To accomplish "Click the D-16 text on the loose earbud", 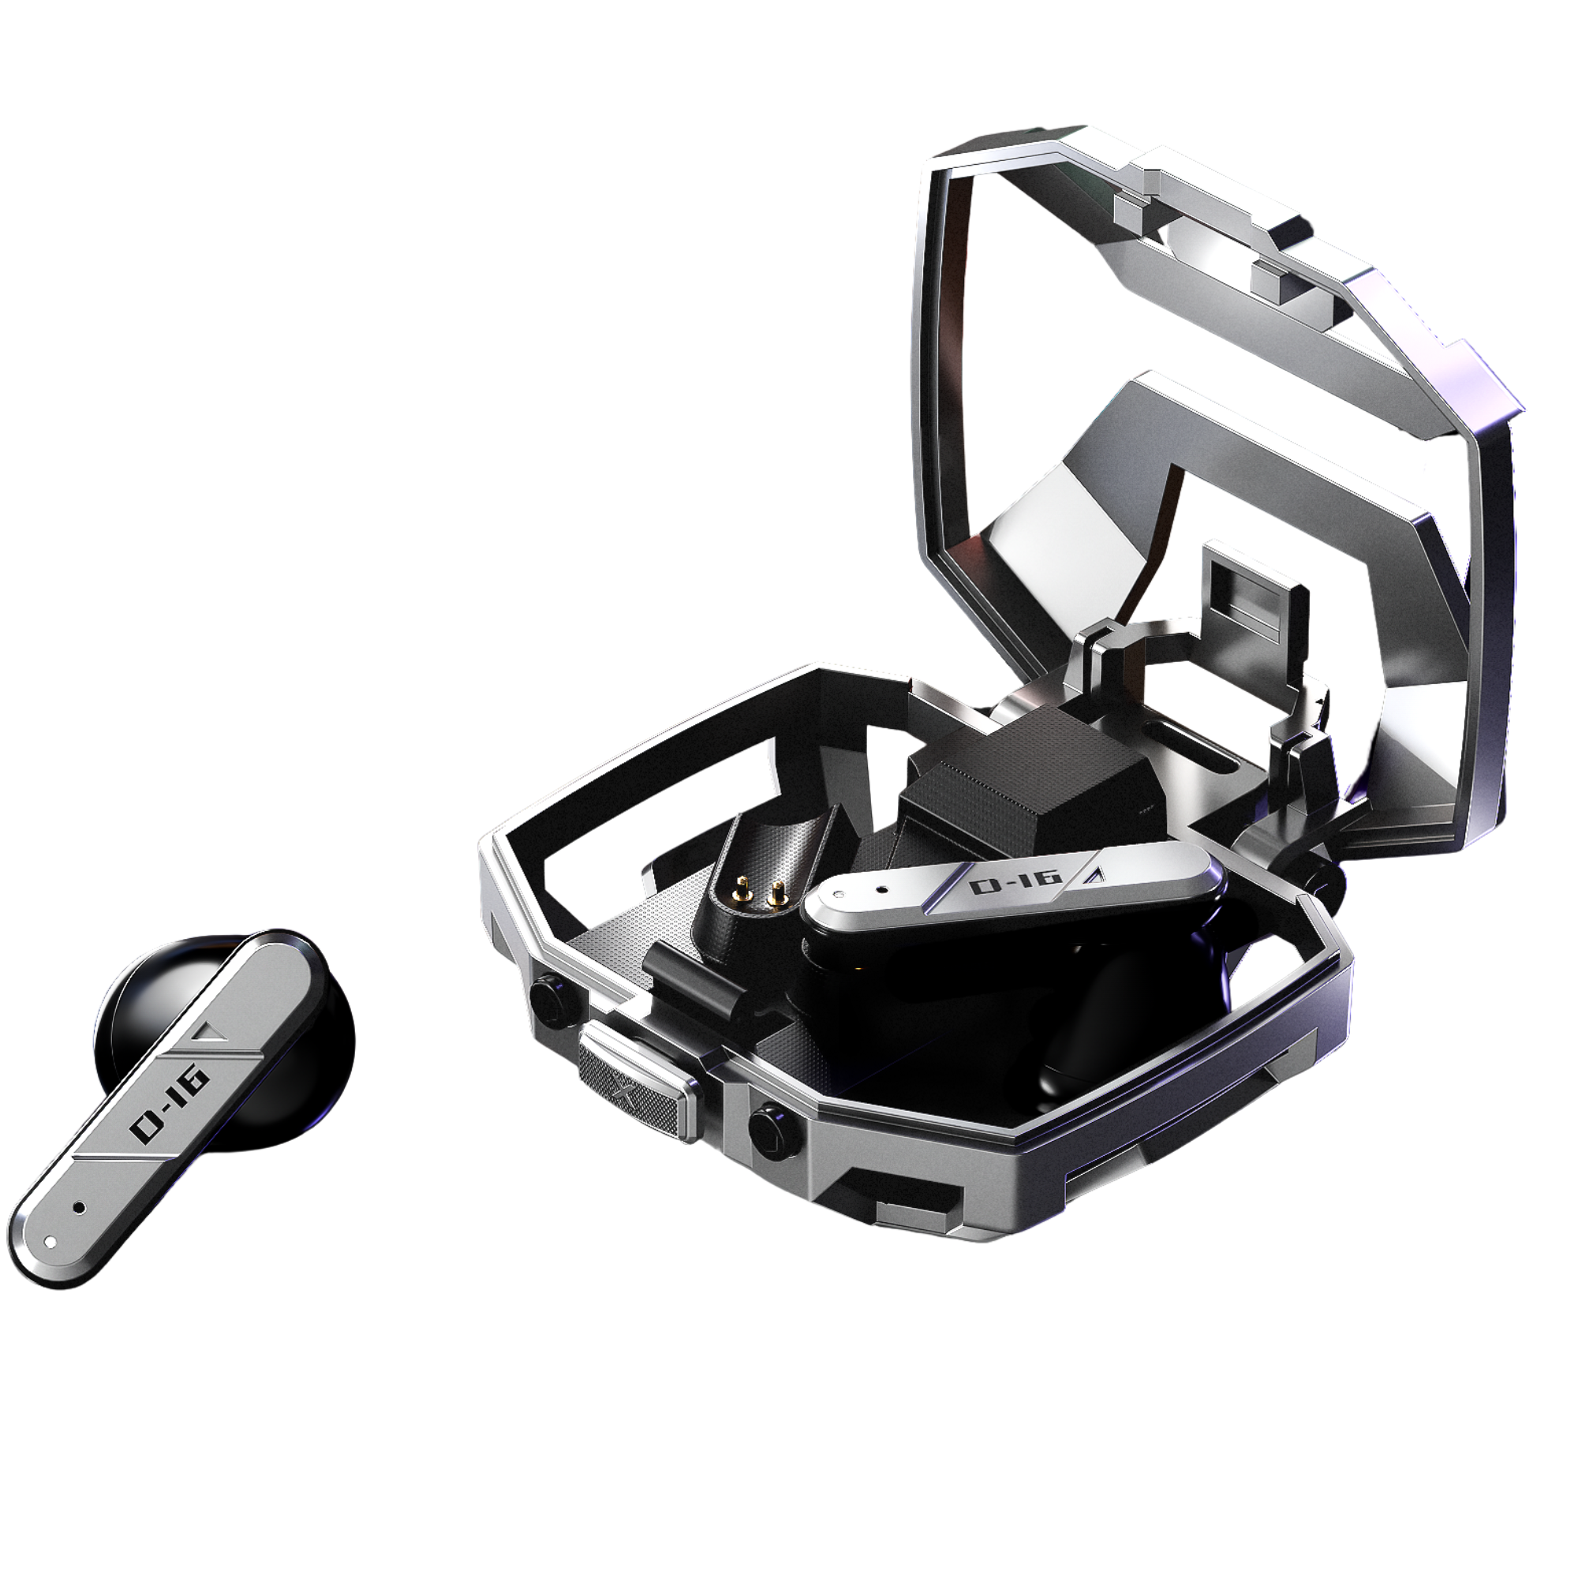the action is tap(170, 1105).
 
